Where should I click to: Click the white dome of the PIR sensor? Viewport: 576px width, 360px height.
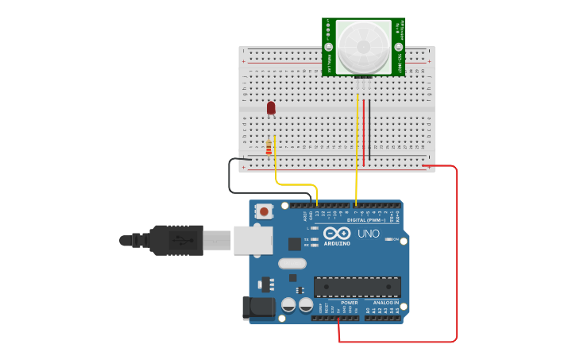363,46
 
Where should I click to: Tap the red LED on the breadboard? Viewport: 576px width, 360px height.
271,107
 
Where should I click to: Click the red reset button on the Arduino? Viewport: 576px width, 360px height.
263,211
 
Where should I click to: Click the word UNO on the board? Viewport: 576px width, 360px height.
369,234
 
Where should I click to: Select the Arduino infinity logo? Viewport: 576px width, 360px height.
337,234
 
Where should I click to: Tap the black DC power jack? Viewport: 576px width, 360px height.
257,308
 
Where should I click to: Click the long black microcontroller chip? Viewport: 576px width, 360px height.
357,287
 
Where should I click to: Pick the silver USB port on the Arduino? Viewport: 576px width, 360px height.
253,240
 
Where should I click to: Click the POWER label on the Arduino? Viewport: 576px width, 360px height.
350,303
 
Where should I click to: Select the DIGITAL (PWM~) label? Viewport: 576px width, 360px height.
368,220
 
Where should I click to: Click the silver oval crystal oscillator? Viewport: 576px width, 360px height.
292,263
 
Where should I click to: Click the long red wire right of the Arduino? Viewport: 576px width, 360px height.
457,254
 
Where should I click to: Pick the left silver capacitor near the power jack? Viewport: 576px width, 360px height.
288,304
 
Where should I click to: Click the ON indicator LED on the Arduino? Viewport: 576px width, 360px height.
388,239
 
